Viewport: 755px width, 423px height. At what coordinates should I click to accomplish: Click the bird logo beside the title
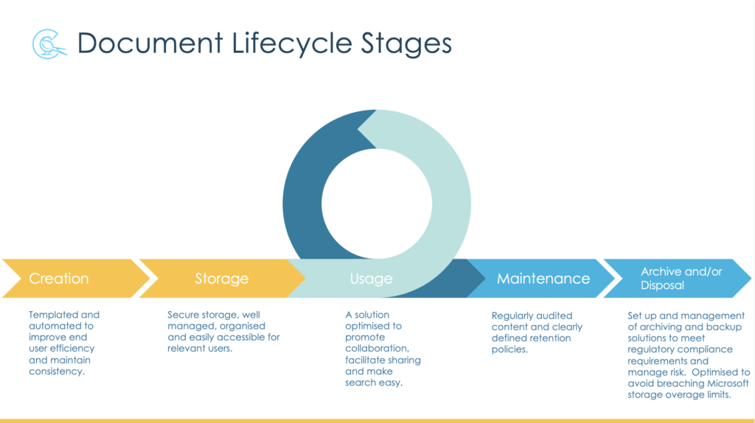coord(49,43)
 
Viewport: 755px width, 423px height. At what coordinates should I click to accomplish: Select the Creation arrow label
coord(59,279)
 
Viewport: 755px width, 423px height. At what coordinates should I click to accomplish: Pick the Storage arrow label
coord(221,279)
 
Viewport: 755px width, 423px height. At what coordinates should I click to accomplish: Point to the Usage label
coord(372,279)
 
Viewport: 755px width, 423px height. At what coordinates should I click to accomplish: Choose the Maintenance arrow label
coord(543,279)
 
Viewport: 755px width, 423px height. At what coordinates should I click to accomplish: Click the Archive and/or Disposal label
coord(681,279)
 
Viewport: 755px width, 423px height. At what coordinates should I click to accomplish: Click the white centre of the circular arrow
coord(377,203)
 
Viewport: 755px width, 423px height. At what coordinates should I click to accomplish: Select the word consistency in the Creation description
coord(56,371)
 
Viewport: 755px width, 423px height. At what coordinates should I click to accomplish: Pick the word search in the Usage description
coord(361,382)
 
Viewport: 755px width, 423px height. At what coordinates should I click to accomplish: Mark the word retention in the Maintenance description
coord(552,338)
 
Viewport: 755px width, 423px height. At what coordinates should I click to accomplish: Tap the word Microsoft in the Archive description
coord(725,383)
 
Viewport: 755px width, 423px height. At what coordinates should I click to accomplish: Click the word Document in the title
coord(150,43)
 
